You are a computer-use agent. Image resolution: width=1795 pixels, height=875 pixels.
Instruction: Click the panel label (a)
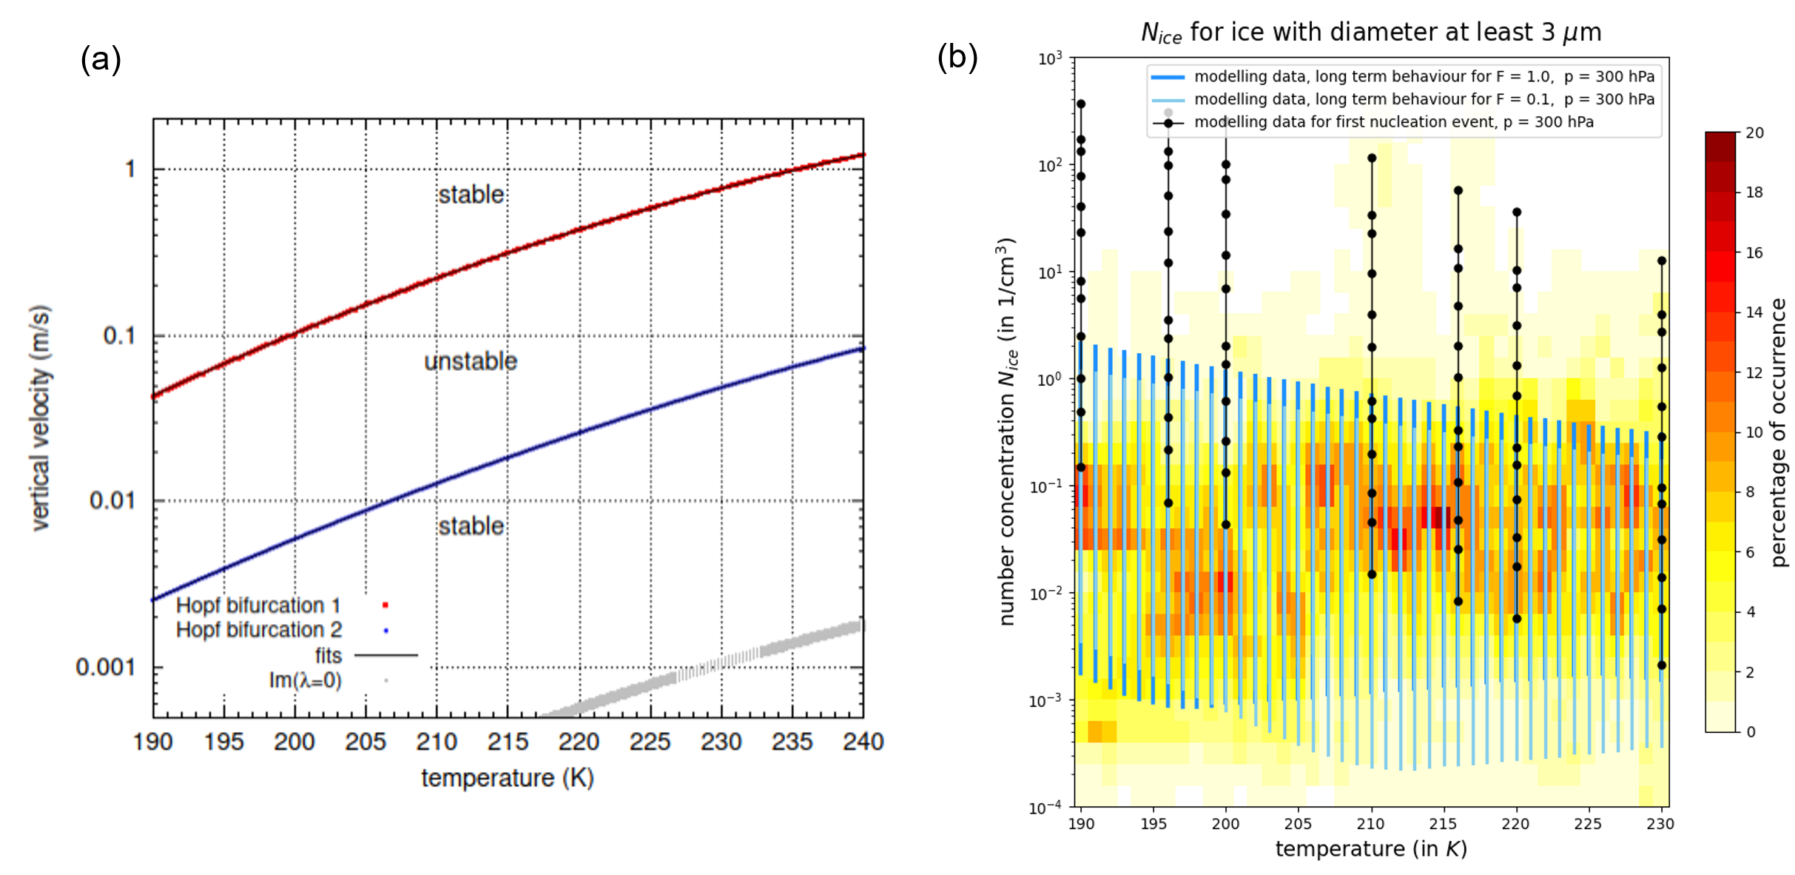point(101,59)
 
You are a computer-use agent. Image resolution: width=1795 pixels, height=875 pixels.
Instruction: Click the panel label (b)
point(957,57)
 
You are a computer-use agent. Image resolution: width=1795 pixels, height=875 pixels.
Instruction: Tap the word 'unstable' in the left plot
point(471,361)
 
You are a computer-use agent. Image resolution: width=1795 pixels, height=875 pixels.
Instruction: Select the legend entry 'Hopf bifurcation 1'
point(257,606)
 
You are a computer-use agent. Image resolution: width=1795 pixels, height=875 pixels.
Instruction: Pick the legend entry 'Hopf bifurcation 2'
point(259,630)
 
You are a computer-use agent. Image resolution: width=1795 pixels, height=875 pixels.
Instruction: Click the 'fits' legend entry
point(329,656)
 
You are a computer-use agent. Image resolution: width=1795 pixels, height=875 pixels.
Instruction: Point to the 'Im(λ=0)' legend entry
point(305,680)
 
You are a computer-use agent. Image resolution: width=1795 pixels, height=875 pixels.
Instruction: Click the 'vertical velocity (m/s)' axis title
point(41,418)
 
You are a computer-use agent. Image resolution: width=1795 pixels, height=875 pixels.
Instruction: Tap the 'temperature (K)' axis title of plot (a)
point(508,778)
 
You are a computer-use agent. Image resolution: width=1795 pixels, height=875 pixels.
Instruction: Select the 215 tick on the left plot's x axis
point(508,742)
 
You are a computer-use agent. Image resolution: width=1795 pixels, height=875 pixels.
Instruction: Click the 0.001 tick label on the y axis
point(106,668)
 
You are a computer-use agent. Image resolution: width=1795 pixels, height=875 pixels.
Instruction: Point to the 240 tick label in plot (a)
point(863,742)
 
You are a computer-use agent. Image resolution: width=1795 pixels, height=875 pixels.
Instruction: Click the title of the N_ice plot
point(1371,33)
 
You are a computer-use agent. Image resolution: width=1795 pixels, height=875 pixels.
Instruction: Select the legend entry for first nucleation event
point(1393,122)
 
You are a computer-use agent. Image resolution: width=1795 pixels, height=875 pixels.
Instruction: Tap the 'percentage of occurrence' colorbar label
point(1779,432)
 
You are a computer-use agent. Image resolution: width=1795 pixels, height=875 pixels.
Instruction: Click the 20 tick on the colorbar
point(1755,133)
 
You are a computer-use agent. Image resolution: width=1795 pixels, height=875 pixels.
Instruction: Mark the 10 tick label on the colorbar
point(1755,432)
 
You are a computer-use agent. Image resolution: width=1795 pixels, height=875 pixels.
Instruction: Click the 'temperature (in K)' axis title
point(1371,849)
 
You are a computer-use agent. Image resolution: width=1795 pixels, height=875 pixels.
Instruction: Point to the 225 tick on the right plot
point(1588,824)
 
